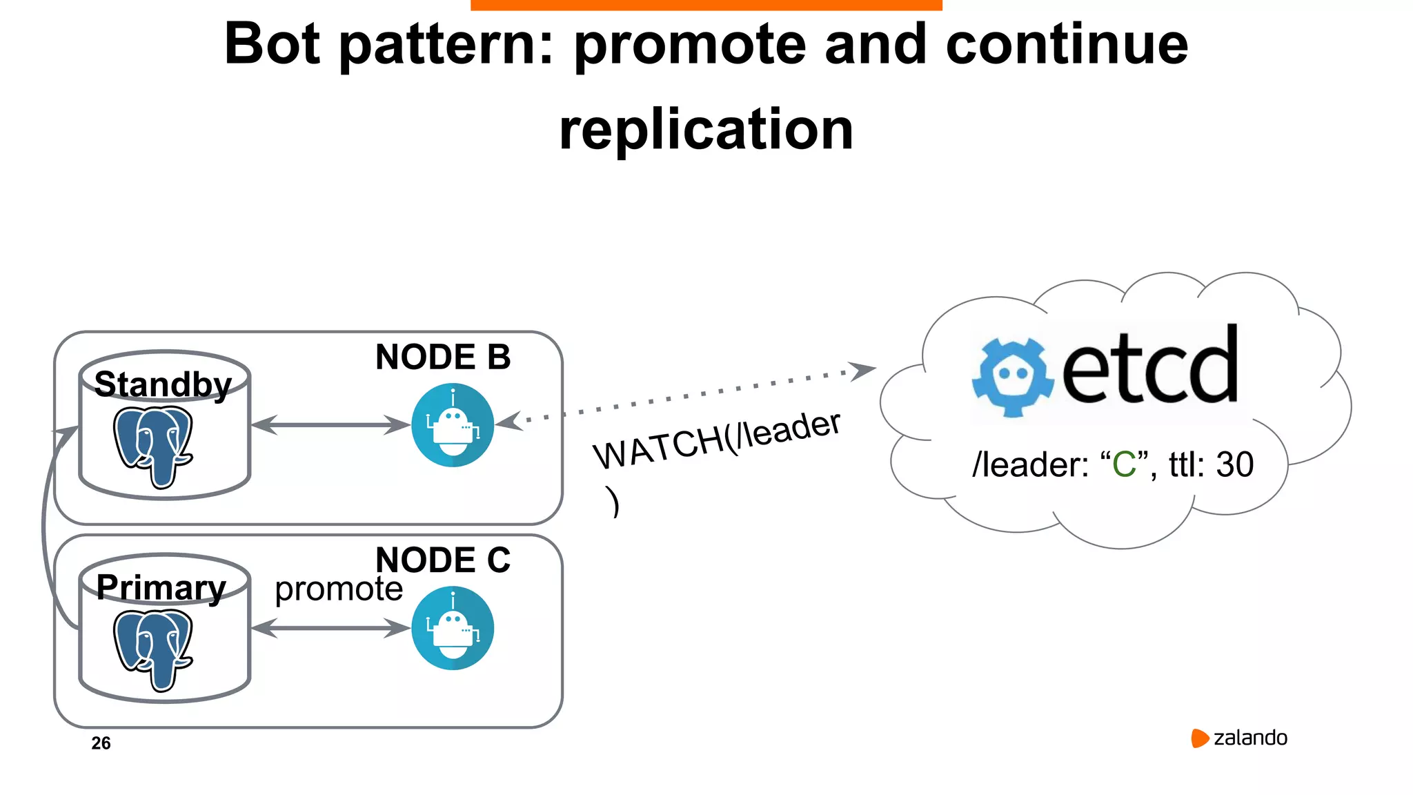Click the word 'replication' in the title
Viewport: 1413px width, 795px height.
point(706,130)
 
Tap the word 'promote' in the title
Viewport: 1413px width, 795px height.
point(690,44)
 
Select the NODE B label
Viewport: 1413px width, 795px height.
point(443,357)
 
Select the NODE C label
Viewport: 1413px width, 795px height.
point(443,560)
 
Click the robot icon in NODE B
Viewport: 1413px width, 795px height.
point(453,425)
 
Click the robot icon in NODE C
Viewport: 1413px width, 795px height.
point(453,628)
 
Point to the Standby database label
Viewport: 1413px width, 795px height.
point(163,384)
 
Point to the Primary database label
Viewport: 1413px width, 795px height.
point(161,587)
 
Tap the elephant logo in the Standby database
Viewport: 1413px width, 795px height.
point(152,446)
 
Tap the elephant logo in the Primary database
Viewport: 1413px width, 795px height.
point(152,649)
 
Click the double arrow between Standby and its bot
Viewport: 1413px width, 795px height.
point(330,425)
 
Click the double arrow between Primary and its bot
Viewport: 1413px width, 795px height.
point(330,628)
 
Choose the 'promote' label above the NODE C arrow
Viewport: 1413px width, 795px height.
point(338,589)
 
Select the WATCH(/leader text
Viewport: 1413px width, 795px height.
point(717,440)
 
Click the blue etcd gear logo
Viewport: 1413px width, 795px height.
point(1012,377)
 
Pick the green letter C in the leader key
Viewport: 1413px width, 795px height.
point(1124,464)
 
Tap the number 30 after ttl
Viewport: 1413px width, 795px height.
point(1234,464)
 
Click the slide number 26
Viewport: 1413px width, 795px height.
point(101,743)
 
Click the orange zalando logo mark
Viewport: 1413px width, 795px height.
point(1200,738)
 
